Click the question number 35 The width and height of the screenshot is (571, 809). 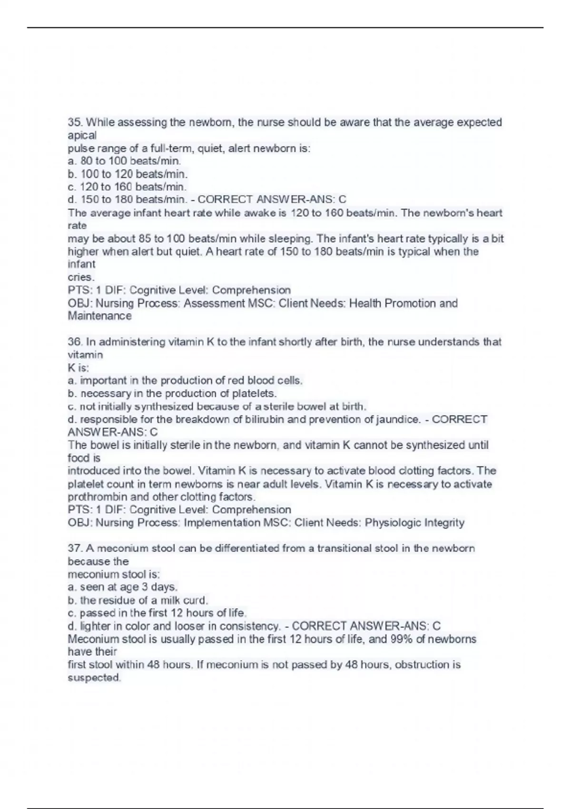75,123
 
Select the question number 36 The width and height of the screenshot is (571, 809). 75,342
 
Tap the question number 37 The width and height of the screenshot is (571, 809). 75,549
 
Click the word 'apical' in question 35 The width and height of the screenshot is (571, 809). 82,136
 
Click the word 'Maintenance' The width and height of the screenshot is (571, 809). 99,316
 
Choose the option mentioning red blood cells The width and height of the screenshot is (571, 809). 185,381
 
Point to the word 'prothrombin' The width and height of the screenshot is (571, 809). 97,497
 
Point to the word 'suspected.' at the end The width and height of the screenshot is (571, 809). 94,678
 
